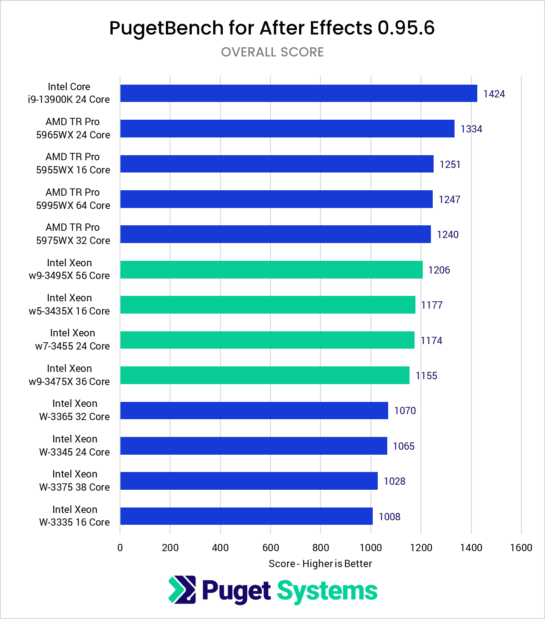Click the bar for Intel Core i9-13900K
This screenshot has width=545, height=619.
[299, 93]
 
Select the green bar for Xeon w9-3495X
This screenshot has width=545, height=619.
[271, 269]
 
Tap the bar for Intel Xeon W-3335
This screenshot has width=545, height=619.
[246, 516]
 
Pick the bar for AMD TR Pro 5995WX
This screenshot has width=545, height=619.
[276, 199]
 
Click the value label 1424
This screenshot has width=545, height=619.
[494, 94]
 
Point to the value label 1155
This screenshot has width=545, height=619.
[426, 375]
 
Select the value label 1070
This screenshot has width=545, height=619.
[405, 411]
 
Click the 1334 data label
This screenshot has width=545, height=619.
[471, 129]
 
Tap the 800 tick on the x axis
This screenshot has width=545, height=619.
[320, 548]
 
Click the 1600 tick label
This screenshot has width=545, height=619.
[521, 548]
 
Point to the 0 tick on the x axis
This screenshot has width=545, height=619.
[120, 548]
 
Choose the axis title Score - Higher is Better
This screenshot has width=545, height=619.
[320, 563]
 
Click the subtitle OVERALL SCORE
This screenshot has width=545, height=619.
[272, 52]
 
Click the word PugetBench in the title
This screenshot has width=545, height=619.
[166, 28]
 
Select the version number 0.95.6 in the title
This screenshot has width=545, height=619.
[406, 28]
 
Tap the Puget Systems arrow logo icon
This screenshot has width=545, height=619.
[182, 590]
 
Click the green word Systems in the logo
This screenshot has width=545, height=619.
[327, 591]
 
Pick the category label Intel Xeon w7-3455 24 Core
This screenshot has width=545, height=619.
[72, 340]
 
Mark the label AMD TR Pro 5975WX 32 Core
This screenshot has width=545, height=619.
[73, 233]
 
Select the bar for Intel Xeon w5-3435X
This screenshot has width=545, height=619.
[268, 304]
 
